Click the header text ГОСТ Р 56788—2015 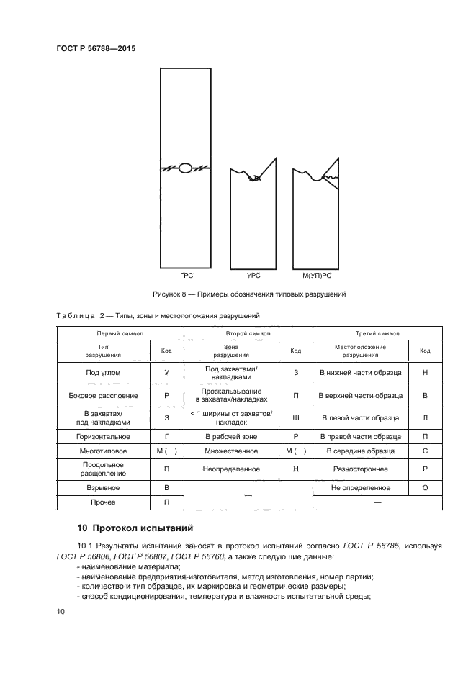coord(96,48)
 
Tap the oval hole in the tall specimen coord(185,168)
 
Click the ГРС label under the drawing coord(187,276)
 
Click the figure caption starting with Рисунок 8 coord(250,294)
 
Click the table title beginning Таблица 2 coord(158,315)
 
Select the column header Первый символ coord(120,333)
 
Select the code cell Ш coord(295,417)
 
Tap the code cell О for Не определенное coord(425,487)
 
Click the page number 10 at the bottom coord(60,611)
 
